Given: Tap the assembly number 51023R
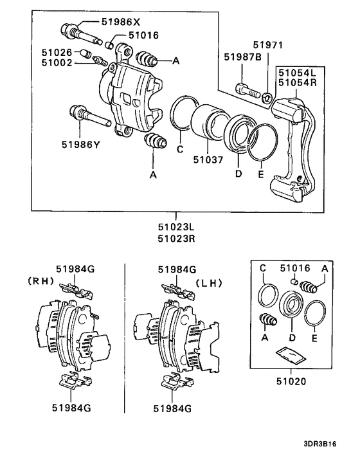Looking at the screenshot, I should click(176, 237).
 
